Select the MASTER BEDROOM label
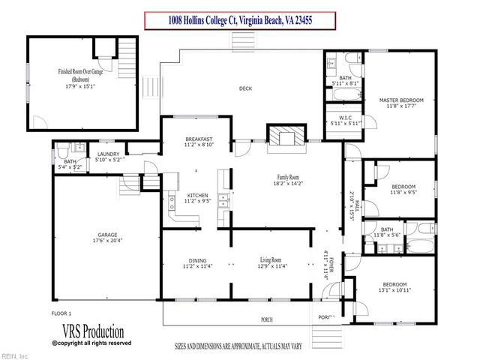[x=401, y=100]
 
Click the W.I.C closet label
[x=346, y=117]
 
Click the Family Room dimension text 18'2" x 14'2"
[x=288, y=182]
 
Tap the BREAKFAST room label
[x=199, y=139]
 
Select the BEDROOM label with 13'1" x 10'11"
[x=394, y=285]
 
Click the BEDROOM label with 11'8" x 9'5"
[x=403, y=187]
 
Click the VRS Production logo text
[x=88, y=331]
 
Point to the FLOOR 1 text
[x=61, y=312]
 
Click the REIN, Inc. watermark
[x=15, y=355]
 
